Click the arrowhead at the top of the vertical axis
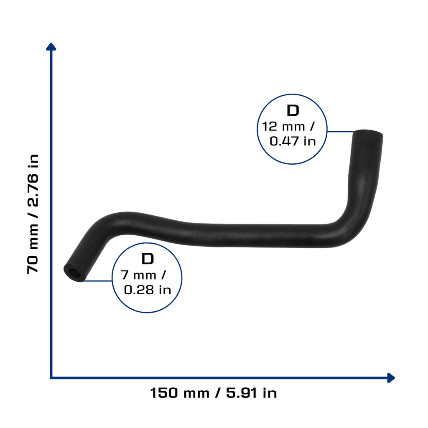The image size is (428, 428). [x=51, y=47]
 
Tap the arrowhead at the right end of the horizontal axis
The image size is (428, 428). [x=391, y=378]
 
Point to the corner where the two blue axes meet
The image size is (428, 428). [x=51, y=378]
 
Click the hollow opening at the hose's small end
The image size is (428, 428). [x=73, y=273]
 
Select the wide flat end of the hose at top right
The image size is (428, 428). [x=368, y=133]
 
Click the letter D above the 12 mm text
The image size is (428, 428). [x=293, y=110]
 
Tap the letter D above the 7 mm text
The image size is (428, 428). [x=148, y=259]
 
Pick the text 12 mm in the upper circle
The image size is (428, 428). [x=283, y=127]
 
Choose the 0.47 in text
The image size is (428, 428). [x=293, y=141]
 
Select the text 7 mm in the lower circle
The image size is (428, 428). [x=138, y=275]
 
